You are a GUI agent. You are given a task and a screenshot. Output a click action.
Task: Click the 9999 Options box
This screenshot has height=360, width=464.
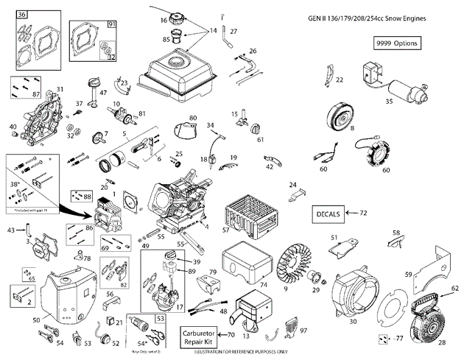396,43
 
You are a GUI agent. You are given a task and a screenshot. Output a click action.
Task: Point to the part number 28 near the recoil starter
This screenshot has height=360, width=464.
442,343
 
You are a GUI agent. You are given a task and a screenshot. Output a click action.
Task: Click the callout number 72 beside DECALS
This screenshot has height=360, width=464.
363,213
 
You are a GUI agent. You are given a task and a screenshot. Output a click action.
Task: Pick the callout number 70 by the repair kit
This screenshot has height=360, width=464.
231,335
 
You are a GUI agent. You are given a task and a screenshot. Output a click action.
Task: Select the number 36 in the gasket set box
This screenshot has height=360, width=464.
21,15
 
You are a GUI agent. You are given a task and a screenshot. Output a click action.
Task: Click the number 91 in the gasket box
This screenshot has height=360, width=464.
112,24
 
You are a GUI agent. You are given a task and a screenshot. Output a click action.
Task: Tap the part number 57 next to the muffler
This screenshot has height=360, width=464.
226,230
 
